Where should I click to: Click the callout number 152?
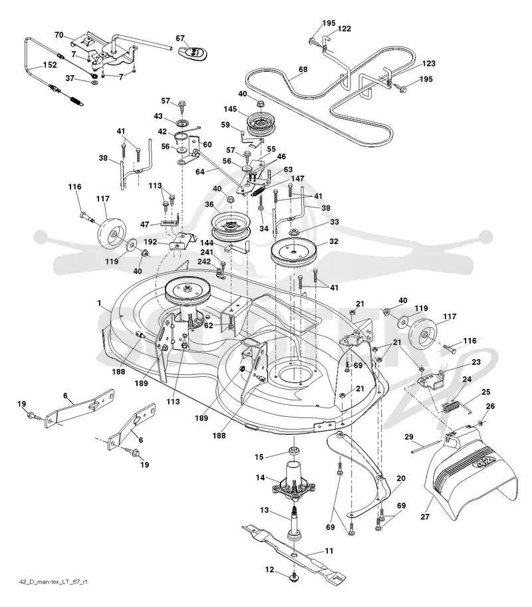(50, 64)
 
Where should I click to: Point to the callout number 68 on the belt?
(303, 69)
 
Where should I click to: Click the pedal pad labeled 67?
(194, 53)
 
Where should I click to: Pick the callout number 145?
(230, 109)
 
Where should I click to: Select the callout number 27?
(425, 517)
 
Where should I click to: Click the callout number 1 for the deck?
(99, 303)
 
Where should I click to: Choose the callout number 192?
(150, 241)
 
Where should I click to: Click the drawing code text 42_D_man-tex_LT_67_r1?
(53, 582)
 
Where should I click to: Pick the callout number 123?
(429, 63)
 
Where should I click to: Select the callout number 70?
(59, 35)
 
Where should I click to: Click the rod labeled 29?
(426, 446)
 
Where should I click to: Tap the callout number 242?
(204, 261)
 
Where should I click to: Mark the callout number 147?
(298, 178)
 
